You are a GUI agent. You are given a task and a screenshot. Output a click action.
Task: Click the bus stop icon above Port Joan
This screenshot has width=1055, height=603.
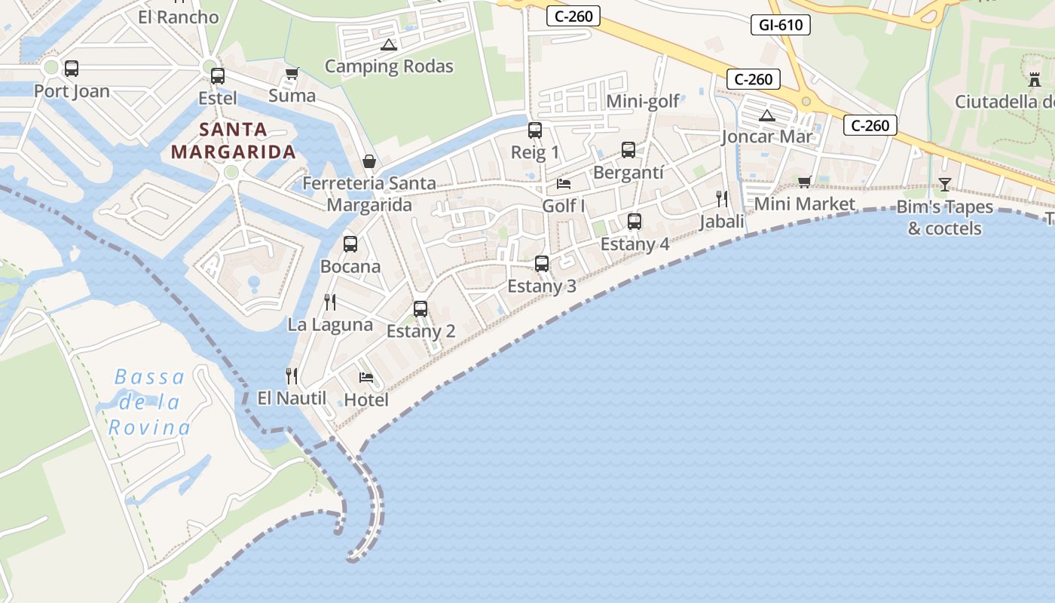tap(72, 69)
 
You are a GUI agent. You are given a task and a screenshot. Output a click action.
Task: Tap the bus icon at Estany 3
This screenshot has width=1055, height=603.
tap(542, 264)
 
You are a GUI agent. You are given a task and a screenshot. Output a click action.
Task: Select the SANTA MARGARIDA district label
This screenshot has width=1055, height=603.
tap(233, 141)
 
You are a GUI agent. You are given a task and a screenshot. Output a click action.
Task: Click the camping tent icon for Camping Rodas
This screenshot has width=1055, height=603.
tap(388, 44)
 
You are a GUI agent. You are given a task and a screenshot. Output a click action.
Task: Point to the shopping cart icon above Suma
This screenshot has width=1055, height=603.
tap(292, 73)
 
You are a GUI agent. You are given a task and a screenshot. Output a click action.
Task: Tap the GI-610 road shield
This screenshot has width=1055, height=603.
tap(781, 25)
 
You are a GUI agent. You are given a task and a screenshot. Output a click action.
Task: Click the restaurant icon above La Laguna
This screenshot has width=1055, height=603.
tap(329, 302)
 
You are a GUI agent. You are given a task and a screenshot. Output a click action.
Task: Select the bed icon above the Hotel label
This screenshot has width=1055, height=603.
tap(366, 377)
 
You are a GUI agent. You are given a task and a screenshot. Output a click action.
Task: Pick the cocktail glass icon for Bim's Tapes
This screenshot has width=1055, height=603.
tap(944, 184)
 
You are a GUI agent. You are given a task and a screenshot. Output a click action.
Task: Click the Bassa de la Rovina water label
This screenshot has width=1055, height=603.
tap(149, 403)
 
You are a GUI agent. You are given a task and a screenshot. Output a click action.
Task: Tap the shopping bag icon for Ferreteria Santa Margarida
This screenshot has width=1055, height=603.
tap(369, 161)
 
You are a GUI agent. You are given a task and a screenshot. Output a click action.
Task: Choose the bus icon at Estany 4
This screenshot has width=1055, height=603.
tap(635, 222)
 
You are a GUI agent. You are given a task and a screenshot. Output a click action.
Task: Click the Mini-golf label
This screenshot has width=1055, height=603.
tap(643, 101)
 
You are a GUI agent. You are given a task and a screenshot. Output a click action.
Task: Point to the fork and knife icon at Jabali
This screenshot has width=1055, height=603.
tap(722, 199)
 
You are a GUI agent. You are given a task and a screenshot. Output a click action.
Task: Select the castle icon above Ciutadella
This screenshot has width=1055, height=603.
tap(1034, 78)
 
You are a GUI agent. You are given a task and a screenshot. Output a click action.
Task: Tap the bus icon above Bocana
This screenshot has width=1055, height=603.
tap(350, 244)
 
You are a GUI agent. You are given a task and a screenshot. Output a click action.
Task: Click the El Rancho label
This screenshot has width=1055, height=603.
tap(179, 17)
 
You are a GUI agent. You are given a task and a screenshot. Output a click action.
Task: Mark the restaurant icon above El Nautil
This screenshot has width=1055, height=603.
tap(292, 375)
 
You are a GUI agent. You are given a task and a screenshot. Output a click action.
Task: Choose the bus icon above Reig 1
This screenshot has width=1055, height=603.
tap(535, 130)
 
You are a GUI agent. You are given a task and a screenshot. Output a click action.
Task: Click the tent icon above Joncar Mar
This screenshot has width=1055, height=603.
tap(767, 115)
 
